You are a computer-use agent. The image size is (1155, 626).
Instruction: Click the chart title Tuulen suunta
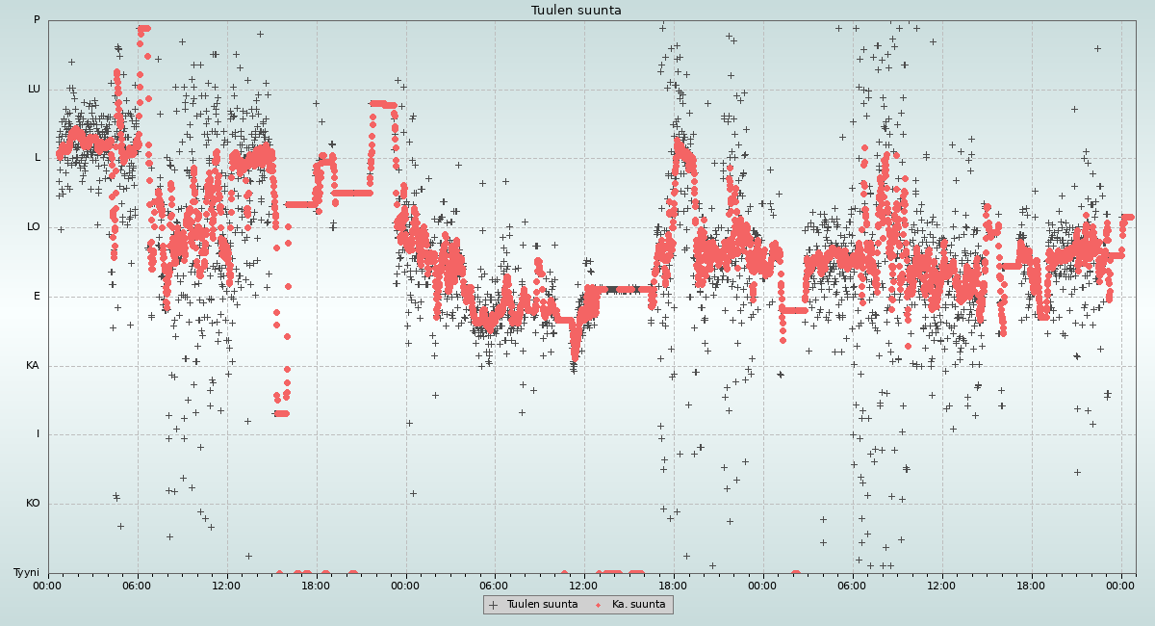click(x=576, y=11)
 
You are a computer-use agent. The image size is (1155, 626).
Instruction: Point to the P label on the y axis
click(x=37, y=20)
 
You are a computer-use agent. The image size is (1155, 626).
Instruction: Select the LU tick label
click(x=34, y=90)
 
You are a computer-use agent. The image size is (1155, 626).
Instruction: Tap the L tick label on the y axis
click(x=38, y=158)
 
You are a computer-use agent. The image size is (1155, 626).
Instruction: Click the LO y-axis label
click(x=34, y=227)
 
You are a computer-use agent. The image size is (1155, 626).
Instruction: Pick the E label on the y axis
click(x=38, y=297)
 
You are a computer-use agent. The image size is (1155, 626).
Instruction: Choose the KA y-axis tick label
click(x=33, y=366)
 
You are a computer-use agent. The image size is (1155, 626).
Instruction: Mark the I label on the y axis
click(x=38, y=434)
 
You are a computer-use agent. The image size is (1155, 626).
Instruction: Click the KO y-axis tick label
click(x=33, y=504)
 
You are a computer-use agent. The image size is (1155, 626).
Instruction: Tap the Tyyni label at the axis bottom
click(x=26, y=573)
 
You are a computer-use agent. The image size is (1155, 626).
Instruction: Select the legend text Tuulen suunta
click(x=542, y=605)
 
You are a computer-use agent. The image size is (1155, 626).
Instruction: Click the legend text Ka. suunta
click(x=638, y=605)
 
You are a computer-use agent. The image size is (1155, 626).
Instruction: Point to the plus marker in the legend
click(x=494, y=605)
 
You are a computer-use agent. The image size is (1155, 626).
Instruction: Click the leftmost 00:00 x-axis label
click(x=48, y=585)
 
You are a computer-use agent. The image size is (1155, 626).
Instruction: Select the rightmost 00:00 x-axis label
click(x=1120, y=585)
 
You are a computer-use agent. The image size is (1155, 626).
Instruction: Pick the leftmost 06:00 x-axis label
click(x=138, y=585)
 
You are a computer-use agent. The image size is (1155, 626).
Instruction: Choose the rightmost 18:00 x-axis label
click(x=1031, y=585)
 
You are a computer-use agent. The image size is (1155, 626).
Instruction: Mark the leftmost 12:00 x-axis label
click(x=227, y=585)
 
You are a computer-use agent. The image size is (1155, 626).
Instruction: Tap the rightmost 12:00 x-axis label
click(x=941, y=585)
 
